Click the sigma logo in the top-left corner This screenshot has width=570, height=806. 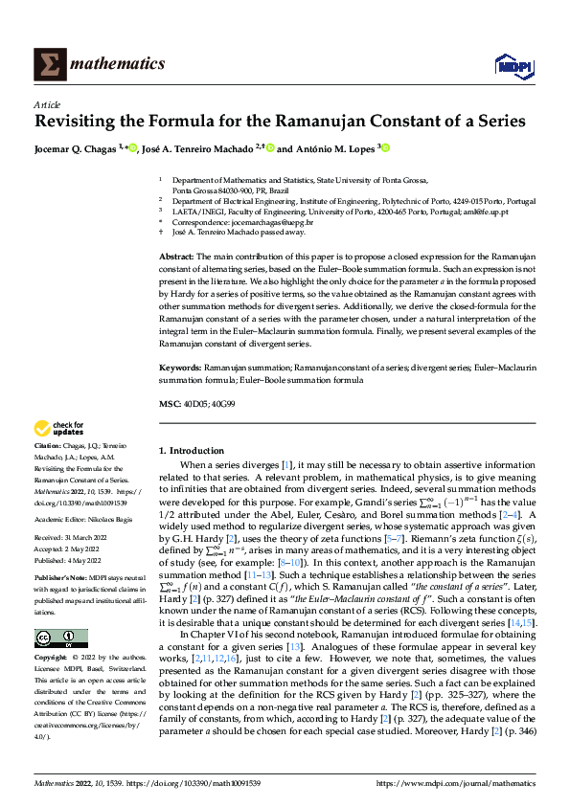(x=48, y=64)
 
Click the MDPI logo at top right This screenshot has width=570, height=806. (x=513, y=64)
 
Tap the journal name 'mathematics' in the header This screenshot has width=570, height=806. (x=118, y=64)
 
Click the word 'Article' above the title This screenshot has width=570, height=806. (x=47, y=104)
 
